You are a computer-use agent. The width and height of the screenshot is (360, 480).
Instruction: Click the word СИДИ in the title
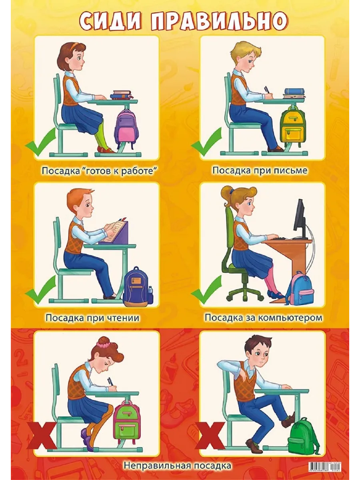point(110,21)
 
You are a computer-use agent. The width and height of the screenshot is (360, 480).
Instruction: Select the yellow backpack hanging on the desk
point(293,125)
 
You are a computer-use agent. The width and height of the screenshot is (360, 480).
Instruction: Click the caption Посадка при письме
point(260,170)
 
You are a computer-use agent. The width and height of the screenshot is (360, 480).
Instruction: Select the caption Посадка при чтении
point(92,318)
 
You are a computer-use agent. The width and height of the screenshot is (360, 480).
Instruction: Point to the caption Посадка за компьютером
point(263,318)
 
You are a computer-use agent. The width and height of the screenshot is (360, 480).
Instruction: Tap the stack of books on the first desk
point(122,95)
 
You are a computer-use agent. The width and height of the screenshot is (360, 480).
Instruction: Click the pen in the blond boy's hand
point(266,90)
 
